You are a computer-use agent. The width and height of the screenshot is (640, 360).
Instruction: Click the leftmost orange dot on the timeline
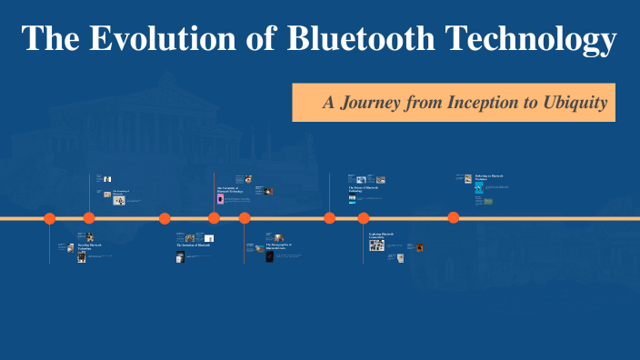50,218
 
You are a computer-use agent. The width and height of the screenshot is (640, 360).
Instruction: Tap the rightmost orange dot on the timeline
453,218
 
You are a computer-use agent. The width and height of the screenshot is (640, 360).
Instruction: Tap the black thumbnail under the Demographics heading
270,256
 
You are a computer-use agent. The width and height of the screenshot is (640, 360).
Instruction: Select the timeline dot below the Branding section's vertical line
89,218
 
